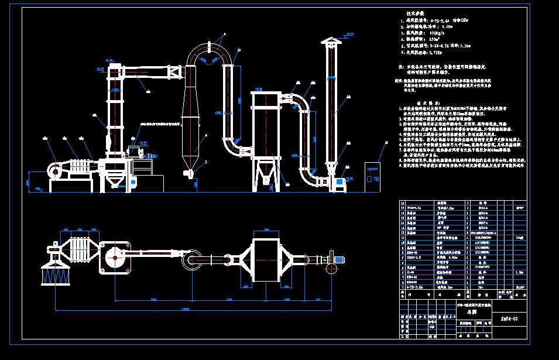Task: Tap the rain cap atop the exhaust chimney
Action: coord(331,42)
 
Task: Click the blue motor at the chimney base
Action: coord(338,183)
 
